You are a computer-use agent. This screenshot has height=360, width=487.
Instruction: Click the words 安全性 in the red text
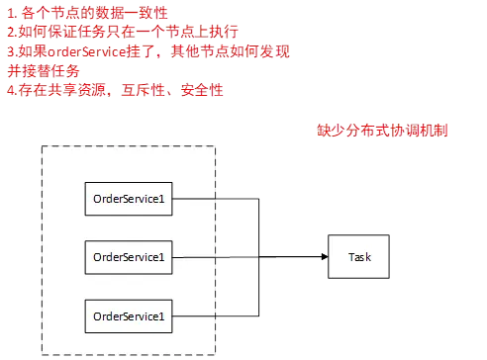[204, 90]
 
